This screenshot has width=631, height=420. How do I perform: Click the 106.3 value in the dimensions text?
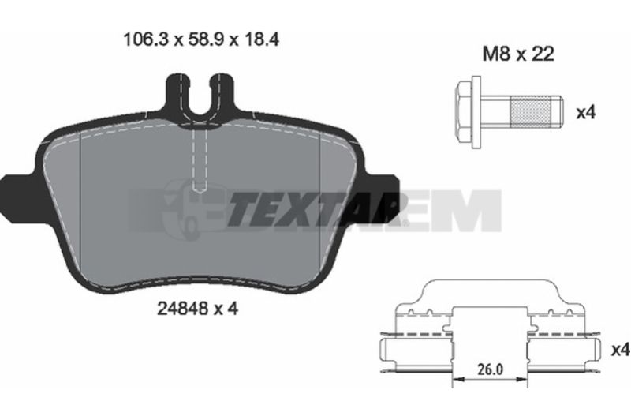pos(146,39)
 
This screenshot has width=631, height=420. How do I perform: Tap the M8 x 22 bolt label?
pos(518,54)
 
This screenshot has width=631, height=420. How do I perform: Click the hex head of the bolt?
pos(464,111)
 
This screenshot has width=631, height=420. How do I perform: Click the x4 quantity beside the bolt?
pos(585,112)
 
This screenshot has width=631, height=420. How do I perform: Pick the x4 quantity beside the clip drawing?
pos(620,350)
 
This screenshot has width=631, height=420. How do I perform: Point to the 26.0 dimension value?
pos(490,369)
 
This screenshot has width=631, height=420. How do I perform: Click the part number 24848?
pos(183,309)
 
